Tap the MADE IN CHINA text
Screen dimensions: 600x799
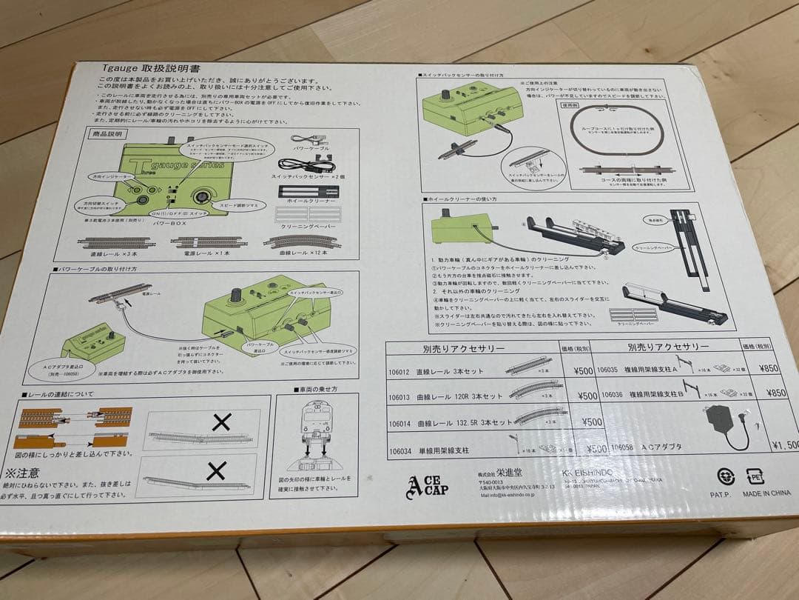[x=767, y=493]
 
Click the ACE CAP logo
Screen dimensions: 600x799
[x=427, y=485]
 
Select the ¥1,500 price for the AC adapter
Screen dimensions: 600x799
[x=783, y=445]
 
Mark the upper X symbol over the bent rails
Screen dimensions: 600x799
[x=221, y=422]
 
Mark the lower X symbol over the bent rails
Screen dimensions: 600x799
[x=216, y=470]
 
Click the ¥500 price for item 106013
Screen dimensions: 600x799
[x=585, y=396]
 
